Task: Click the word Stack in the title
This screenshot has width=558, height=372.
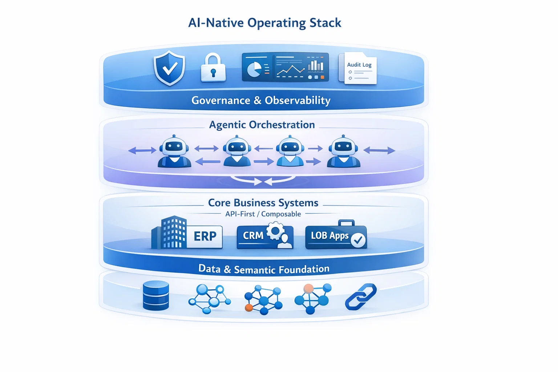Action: coord(325,23)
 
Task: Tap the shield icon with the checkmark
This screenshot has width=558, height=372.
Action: coord(169,68)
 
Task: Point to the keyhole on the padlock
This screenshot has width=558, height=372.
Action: coord(213,73)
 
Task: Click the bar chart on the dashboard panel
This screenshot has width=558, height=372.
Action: coord(315,65)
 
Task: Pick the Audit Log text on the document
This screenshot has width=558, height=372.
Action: coord(359,65)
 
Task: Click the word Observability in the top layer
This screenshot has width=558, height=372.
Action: coord(298,100)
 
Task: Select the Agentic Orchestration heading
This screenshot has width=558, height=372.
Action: coord(262,125)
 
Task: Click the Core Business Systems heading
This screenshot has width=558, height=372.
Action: coord(263,203)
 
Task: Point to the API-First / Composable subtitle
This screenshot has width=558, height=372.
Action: coord(263,214)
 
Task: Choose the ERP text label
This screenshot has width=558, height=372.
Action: coord(205,236)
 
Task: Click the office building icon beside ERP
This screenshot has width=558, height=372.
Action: coord(170,233)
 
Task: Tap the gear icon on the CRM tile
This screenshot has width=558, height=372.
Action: coord(275,231)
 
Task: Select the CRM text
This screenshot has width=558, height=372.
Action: coord(253,236)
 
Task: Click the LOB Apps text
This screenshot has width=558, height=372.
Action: coord(329,236)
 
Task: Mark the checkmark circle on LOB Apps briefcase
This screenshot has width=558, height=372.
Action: coord(358,240)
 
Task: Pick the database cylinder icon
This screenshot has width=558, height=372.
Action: coord(156,296)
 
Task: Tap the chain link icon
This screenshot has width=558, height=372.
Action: coord(360,297)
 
